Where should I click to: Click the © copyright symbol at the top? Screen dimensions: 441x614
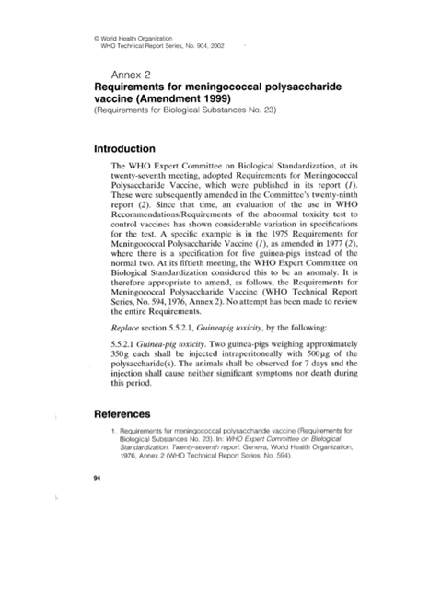(x=98, y=37)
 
